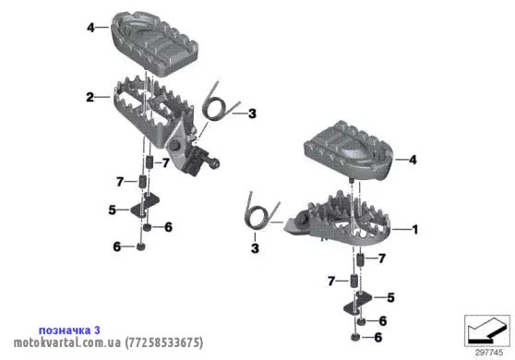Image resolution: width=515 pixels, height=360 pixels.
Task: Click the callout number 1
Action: (x=415, y=229)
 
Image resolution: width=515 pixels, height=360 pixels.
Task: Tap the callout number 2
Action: (x=90, y=97)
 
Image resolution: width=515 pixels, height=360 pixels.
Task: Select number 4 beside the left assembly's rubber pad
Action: (x=91, y=28)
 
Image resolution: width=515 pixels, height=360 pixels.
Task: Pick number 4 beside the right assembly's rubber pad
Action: (x=413, y=160)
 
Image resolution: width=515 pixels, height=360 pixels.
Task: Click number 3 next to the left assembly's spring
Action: (x=252, y=114)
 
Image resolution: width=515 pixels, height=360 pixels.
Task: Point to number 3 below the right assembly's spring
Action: (x=255, y=248)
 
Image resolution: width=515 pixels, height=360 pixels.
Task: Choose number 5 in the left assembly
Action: (x=113, y=210)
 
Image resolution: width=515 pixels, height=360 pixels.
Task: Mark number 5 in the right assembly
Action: (x=390, y=297)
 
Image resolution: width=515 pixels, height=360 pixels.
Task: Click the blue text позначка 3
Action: (x=69, y=330)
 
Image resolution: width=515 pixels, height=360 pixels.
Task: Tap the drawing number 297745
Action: (x=489, y=353)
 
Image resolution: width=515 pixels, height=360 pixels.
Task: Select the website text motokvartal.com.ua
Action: (x=67, y=342)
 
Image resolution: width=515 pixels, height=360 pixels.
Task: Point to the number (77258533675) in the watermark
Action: (x=164, y=342)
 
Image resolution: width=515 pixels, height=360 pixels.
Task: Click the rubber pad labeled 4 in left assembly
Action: (x=154, y=43)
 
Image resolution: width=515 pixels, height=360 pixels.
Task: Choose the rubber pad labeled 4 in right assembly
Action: (x=349, y=150)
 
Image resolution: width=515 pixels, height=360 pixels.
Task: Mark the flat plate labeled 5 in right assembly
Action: (x=358, y=304)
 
